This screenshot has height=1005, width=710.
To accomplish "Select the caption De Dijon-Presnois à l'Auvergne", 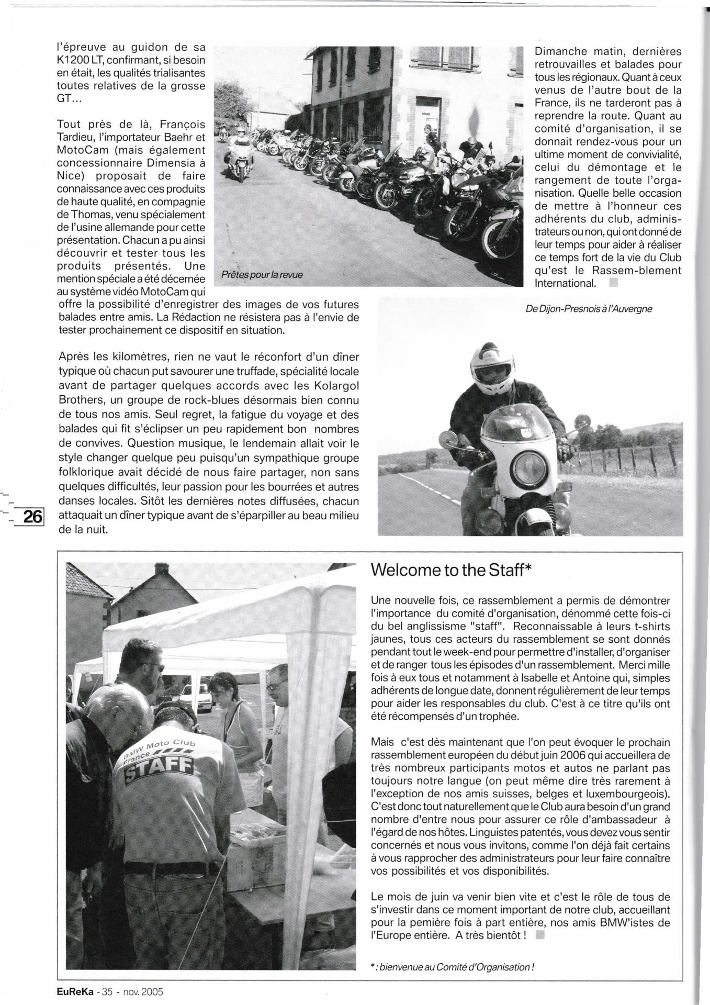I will [589, 309].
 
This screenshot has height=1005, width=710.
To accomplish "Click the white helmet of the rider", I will [494, 363].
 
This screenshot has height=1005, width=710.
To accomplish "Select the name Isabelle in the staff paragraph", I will [543, 678].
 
